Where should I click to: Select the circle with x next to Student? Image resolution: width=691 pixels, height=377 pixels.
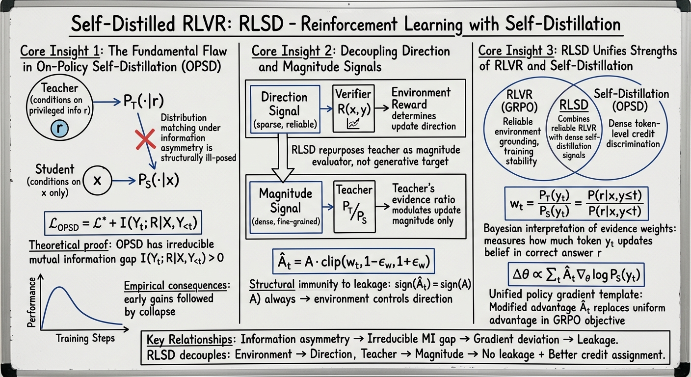[97, 180]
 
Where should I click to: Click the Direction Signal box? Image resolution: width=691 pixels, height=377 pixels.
[284, 108]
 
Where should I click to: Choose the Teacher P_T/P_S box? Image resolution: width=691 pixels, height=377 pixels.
[353, 207]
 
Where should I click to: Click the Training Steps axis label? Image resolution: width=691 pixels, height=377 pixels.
[85, 338]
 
